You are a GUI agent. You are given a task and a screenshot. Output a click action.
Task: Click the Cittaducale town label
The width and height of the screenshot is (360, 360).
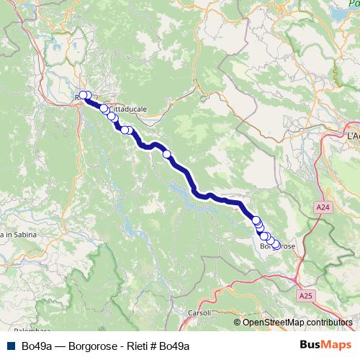(x=129, y=109)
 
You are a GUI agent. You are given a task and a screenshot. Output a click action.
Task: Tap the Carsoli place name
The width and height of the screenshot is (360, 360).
(x=199, y=312)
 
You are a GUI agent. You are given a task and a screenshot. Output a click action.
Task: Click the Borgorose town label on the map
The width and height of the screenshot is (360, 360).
(x=276, y=247)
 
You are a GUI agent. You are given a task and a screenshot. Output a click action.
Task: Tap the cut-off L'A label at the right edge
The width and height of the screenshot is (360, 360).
(x=353, y=135)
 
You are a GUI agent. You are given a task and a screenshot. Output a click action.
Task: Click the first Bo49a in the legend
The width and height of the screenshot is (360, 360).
(x=35, y=346)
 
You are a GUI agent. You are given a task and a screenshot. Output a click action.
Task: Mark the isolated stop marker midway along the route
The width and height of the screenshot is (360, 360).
(x=167, y=153)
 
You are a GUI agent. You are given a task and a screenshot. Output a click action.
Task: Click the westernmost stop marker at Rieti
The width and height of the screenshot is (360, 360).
(x=82, y=95)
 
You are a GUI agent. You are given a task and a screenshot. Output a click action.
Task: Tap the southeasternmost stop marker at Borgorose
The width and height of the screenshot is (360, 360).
(x=276, y=246)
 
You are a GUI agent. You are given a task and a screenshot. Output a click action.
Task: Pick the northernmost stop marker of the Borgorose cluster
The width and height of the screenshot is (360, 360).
(x=256, y=220)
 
